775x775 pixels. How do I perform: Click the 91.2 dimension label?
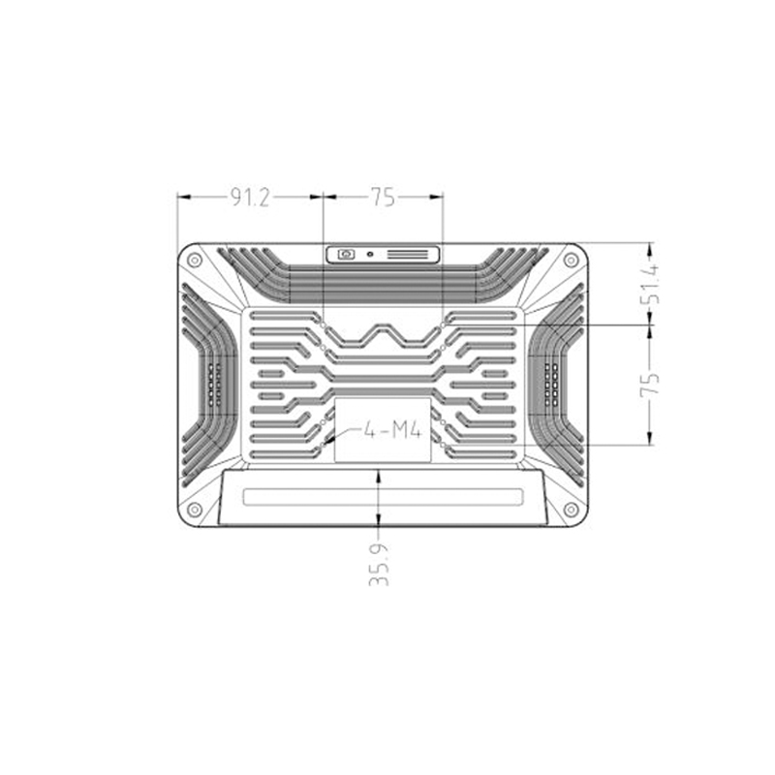tap(249, 198)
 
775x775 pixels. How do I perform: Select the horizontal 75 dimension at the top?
tap(383, 198)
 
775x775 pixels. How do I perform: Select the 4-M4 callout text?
tap(392, 429)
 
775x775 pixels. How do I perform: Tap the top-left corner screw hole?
tap(195, 260)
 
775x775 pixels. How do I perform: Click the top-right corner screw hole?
tap(572, 260)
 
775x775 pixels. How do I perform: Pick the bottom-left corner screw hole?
tap(195, 510)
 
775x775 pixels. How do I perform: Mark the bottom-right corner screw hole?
tap(572, 510)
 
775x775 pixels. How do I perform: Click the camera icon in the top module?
tap(345, 255)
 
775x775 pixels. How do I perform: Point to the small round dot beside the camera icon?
tap(370, 255)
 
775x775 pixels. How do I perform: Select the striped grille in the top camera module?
tap(412, 255)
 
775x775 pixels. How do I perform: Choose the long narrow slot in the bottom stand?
tap(383, 497)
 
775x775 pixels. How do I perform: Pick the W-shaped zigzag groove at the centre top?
tap(383, 336)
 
